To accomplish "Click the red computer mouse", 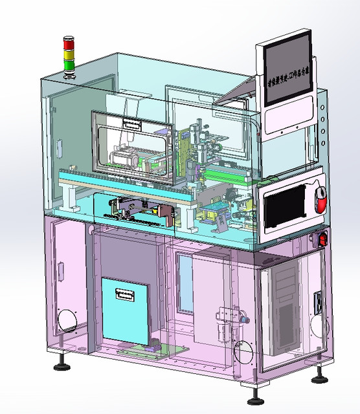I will click(321, 199).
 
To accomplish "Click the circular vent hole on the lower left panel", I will click(67, 318).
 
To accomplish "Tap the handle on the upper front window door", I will click(131, 122).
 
